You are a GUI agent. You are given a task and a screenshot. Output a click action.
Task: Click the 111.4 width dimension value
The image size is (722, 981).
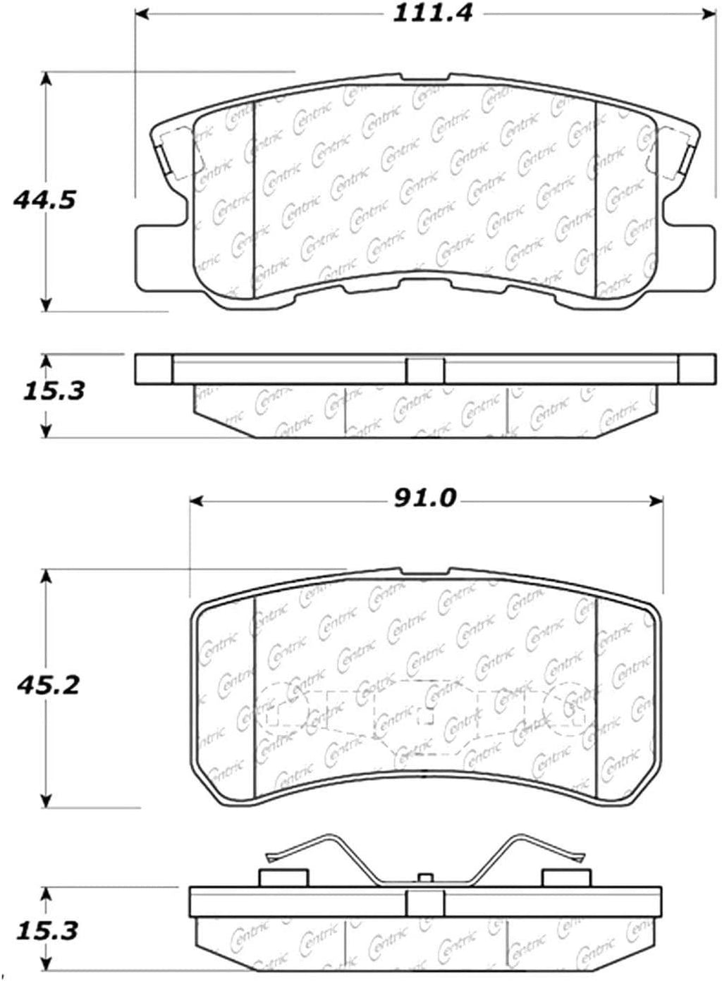pyautogui.click(x=432, y=14)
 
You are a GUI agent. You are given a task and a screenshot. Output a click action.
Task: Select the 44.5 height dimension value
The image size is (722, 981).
pyautogui.click(x=44, y=200)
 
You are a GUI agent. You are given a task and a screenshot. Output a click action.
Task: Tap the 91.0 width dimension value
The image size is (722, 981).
pyautogui.click(x=424, y=498)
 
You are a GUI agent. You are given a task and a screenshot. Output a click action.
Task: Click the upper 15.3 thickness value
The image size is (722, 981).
pyautogui.click(x=54, y=391)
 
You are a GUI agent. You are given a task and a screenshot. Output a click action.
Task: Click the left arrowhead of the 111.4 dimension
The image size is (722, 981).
pyautogui.click(x=142, y=14)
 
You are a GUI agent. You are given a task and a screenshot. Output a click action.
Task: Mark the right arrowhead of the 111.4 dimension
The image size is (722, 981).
pyautogui.click(x=709, y=14)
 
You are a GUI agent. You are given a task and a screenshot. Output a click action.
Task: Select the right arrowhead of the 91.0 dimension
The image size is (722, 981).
pyautogui.click(x=656, y=500)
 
